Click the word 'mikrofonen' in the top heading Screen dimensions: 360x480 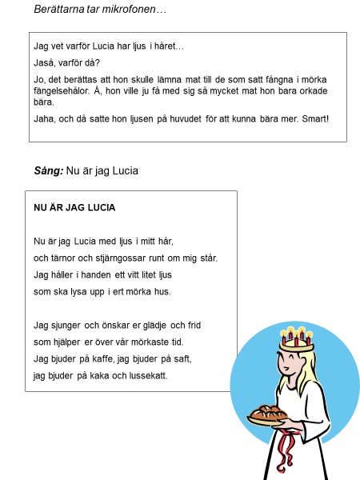138,9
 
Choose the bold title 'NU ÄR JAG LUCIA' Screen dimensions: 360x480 74,208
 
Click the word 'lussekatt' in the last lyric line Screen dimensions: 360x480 148,375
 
